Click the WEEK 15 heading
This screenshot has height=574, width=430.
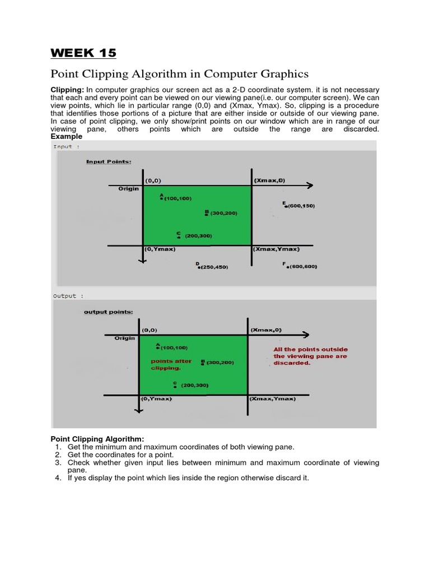pos(83,53)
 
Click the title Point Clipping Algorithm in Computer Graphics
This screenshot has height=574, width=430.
pos(180,74)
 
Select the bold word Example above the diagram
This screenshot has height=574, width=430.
pos(66,136)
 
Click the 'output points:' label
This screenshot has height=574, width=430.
pos(108,312)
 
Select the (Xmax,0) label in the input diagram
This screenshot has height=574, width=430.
pos(269,180)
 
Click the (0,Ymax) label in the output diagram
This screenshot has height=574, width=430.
pos(156,399)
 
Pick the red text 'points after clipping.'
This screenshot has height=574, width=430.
pos(171,364)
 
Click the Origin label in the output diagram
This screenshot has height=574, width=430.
pos(125,339)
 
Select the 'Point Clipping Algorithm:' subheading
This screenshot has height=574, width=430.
pos(97,438)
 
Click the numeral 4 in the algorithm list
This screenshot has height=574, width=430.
pos(58,478)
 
